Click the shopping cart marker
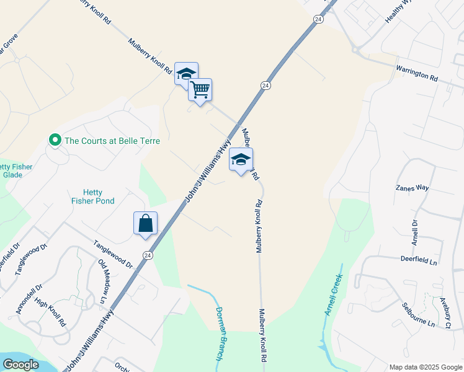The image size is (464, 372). [200, 90]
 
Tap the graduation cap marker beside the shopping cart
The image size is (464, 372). [186, 74]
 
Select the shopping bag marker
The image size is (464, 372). [145, 223]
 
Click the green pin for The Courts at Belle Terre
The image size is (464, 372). [55, 141]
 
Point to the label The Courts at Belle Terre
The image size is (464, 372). [112, 141]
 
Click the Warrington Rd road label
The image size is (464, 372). [417, 74]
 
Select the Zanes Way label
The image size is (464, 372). [413, 187]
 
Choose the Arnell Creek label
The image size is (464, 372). [333, 296]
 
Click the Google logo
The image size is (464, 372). [20, 364]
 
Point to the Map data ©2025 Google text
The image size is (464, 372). [425, 367]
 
